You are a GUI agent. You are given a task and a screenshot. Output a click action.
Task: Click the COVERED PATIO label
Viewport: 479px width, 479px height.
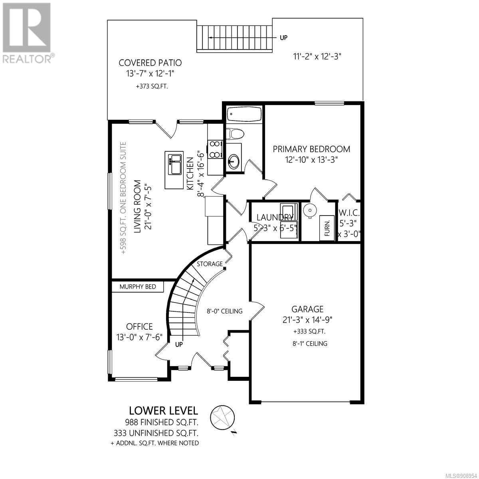(x=150, y=63)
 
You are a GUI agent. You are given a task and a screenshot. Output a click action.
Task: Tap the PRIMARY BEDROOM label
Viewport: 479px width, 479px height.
(x=311, y=149)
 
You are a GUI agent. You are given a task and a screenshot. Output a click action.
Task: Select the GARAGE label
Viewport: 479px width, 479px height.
(x=307, y=309)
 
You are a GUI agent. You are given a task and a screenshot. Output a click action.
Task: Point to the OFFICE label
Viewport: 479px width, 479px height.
(x=139, y=327)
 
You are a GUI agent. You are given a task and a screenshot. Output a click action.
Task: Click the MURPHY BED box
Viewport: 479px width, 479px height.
(x=138, y=287)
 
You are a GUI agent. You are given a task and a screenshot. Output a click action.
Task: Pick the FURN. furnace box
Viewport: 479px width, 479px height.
(x=327, y=228)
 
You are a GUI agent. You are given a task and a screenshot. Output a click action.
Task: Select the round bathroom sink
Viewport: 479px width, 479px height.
(x=234, y=161)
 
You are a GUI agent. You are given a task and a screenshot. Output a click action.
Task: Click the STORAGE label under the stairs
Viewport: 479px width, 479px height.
(x=210, y=264)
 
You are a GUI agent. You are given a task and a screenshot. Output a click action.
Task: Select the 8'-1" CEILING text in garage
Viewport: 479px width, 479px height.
(x=310, y=344)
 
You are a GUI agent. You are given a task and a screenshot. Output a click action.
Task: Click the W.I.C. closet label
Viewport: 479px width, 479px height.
(x=349, y=213)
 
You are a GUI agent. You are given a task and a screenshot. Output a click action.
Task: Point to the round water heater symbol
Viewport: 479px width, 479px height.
(x=310, y=211)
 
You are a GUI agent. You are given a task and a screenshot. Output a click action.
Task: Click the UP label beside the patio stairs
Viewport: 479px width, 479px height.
(x=284, y=38)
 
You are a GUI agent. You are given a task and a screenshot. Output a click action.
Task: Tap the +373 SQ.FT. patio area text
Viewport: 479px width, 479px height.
(x=152, y=87)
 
